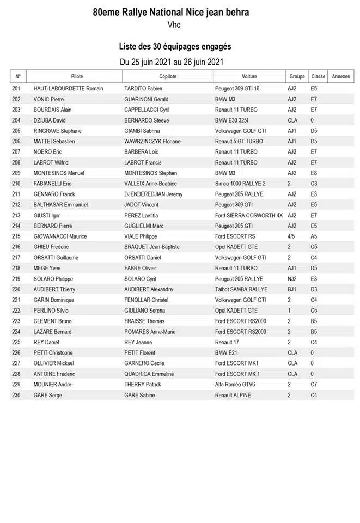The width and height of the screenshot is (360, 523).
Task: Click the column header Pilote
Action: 77,76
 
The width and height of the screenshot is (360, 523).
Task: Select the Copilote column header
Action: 168,76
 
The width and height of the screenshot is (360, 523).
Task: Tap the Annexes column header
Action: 341,76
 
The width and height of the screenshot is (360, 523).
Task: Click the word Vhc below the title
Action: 174,25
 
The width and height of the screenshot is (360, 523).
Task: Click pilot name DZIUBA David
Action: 50,120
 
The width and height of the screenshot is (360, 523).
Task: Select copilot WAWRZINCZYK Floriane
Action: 152,142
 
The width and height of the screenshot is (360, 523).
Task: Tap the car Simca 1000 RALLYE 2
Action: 240,184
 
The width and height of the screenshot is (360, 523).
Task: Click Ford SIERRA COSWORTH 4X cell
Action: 249,215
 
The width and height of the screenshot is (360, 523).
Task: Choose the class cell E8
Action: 314,173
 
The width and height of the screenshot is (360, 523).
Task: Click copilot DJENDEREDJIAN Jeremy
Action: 154,194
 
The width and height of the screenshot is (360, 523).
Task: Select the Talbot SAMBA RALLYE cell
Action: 241,289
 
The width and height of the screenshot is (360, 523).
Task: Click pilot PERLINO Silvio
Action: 52,311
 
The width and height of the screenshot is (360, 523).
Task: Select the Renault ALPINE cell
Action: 233,395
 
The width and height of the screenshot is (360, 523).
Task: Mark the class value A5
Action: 314,236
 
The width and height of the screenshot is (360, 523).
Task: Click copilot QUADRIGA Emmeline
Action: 149,374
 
